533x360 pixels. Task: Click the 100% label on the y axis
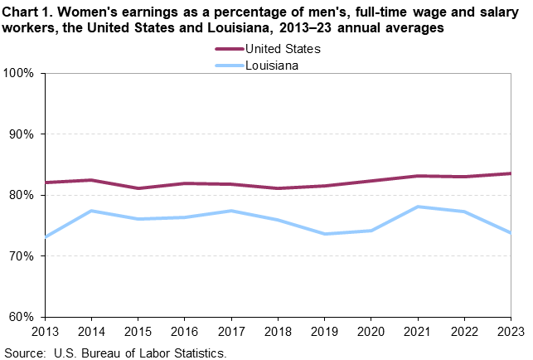click(x=17, y=73)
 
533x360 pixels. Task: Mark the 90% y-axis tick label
click(x=21, y=134)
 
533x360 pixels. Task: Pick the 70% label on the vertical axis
click(x=21, y=256)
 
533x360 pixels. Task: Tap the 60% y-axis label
click(x=21, y=317)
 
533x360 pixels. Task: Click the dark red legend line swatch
click(x=225, y=49)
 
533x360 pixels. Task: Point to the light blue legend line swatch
click(x=225, y=63)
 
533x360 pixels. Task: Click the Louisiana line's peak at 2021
click(x=417, y=207)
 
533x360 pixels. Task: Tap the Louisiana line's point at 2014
click(x=91, y=211)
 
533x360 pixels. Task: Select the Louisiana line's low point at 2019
click(x=324, y=234)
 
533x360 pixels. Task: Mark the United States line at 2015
click(x=138, y=188)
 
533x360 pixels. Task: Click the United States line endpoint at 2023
click(x=510, y=173)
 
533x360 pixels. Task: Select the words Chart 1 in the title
click(x=26, y=11)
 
